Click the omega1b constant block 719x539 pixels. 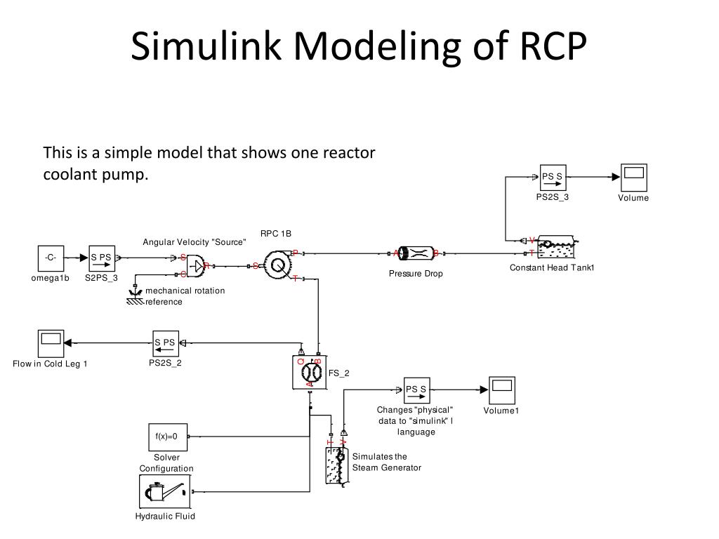[51, 258]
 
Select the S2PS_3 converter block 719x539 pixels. [102, 258]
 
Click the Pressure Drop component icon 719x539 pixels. [416, 253]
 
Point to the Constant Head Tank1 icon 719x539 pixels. [553, 248]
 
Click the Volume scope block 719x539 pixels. [633, 178]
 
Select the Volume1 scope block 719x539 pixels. [501, 390]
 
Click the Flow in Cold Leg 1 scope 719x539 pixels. [50, 342]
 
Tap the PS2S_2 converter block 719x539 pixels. [165, 342]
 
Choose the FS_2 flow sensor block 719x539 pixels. [309, 372]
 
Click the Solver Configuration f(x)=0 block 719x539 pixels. [167, 437]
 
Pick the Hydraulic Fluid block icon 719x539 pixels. [165, 491]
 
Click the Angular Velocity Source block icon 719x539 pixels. [194, 265]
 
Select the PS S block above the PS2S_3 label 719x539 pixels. [552, 178]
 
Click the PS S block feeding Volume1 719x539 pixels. [416, 390]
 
